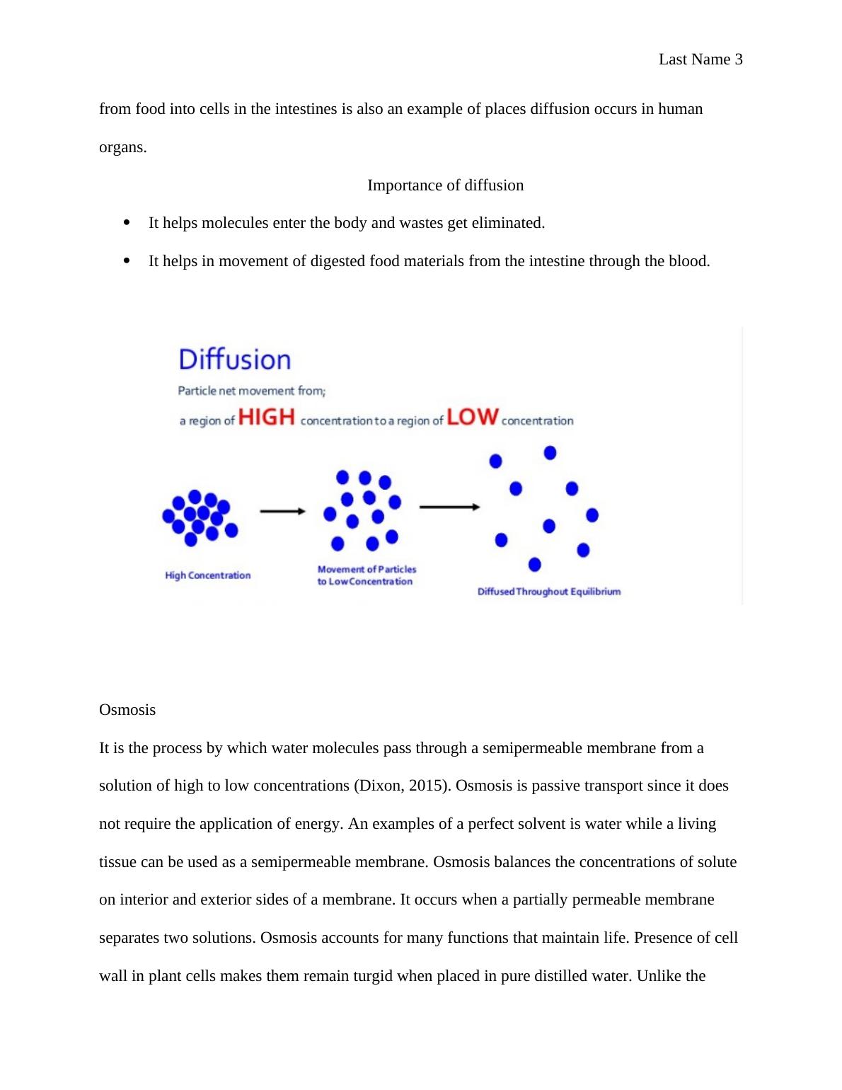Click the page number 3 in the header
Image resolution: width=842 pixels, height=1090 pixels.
pyautogui.click(x=738, y=59)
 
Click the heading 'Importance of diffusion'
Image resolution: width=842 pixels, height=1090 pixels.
pyautogui.click(x=445, y=185)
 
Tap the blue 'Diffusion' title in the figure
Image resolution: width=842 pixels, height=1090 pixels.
pyautogui.click(x=234, y=360)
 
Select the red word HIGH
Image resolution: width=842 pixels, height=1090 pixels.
pyautogui.click(x=267, y=417)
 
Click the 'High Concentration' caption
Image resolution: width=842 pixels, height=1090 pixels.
pyautogui.click(x=207, y=575)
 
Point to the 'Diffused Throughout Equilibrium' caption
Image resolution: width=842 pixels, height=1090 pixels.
pyautogui.click(x=548, y=592)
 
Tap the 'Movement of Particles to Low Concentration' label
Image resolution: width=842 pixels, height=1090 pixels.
pyautogui.click(x=367, y=575)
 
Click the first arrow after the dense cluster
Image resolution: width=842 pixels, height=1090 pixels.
pyautogui.click(x=282, y=511)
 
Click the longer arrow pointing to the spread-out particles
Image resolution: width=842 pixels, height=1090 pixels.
pyautogui.click(x=449, y=507)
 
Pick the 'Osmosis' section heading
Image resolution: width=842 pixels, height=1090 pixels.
pyautogui.click(x=127, y=710)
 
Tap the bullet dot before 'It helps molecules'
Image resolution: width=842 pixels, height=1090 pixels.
pyautogui.click(x=127, y=222)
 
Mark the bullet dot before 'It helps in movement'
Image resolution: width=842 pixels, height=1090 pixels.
pyautogui.click(x=127, y=260)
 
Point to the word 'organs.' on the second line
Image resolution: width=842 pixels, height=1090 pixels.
pyautogui.click(x=123, y=148)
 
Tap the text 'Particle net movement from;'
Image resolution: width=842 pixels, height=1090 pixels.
pyautogui.click(x=251, y=391)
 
